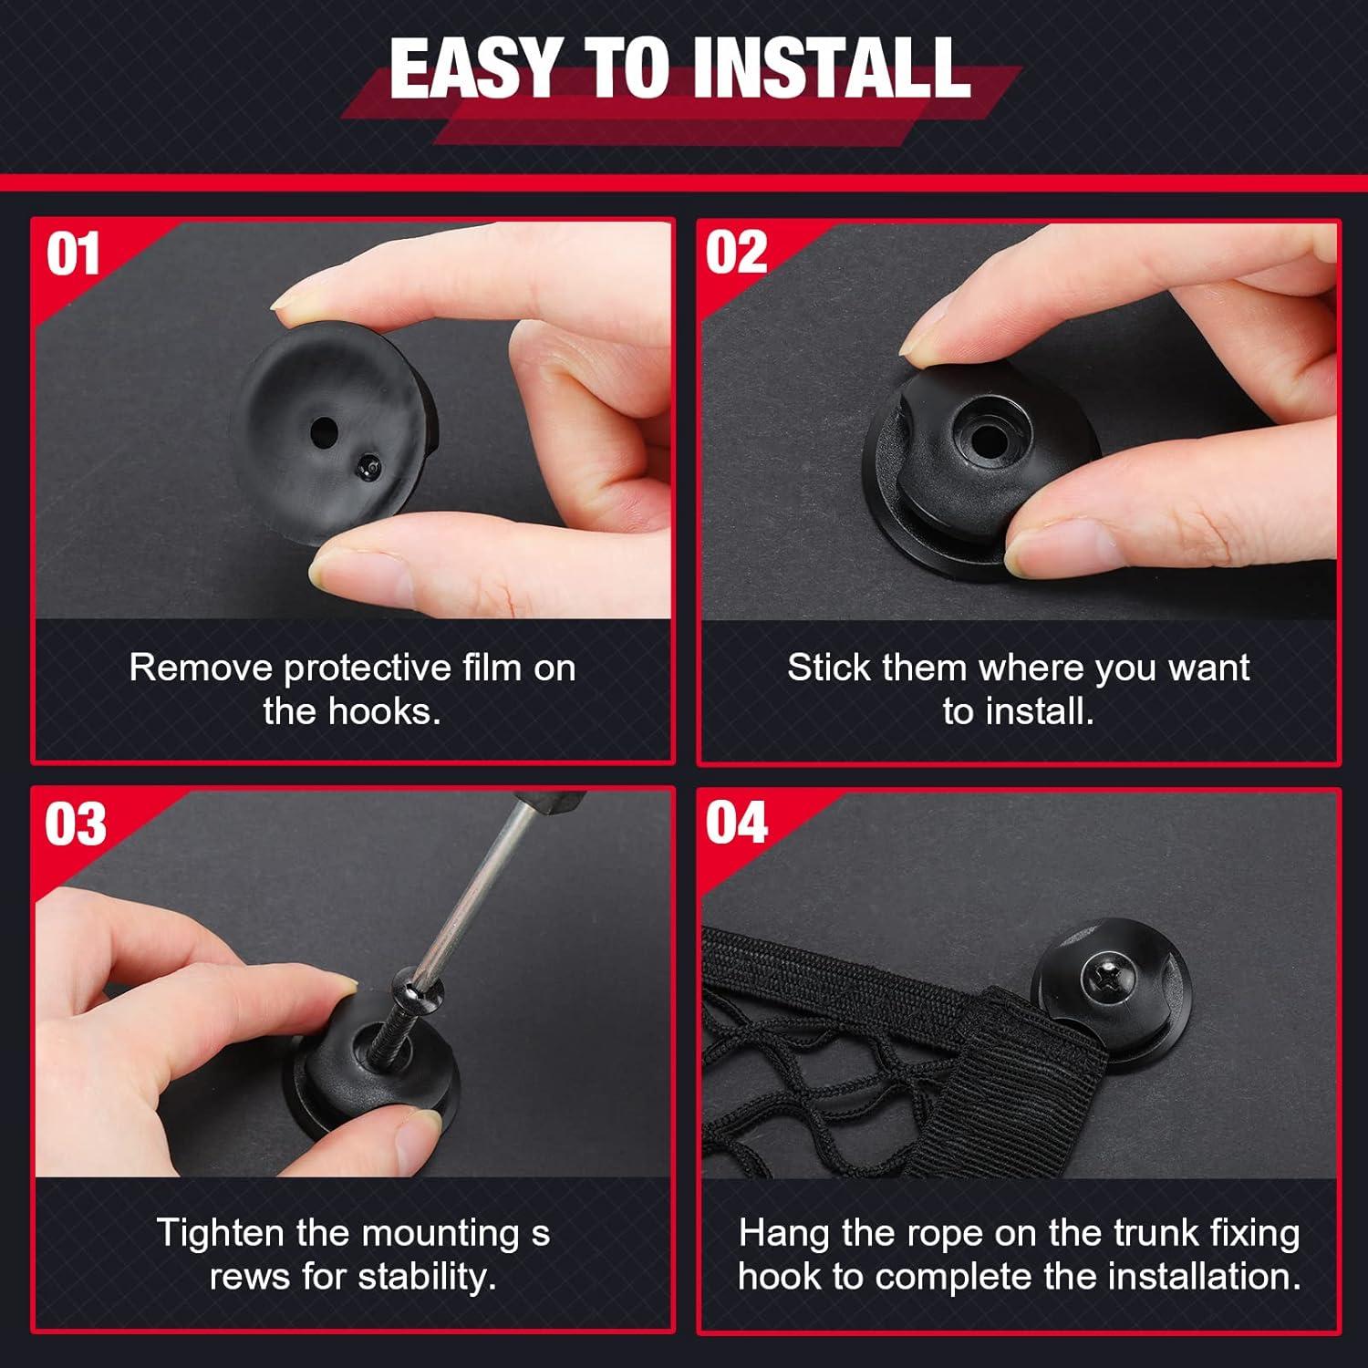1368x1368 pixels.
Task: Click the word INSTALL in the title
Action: click(x=830, y=68)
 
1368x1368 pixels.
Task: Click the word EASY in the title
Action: click(x=474, y=68)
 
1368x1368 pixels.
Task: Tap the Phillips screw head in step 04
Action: click(x=1107, y=982)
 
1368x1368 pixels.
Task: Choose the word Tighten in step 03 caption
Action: click(x=221, y=1233)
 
